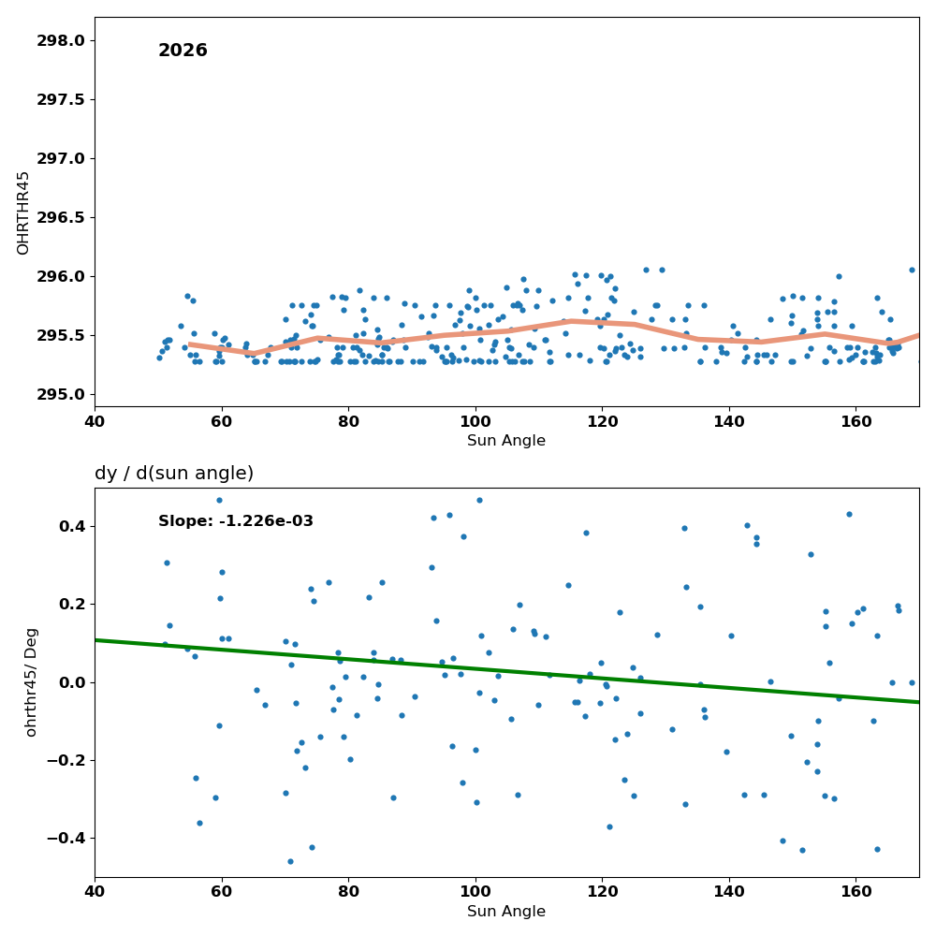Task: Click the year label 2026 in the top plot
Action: tap(183, 51)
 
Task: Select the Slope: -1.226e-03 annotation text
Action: tap(236, 521)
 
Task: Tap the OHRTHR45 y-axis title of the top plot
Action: tap(22, 212)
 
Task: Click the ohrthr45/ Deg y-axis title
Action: tap(31, 682)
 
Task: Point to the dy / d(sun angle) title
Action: tap(174, 474)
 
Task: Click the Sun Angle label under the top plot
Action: tap(506, 441)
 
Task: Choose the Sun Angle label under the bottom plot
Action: tap(506, 912)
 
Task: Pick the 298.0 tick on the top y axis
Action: tap(60, 40)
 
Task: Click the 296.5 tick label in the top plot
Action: tap(60, 217)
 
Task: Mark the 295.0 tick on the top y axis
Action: tap(60, 395)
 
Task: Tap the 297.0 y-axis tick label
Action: tap(60, 159)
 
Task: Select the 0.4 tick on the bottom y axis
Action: tap(73, 526)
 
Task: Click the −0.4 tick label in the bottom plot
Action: tap(66, 839)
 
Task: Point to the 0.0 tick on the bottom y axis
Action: tap(73, 682)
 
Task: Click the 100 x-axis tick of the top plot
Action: tap(475, 422)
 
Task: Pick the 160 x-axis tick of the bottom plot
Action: tap(856, 892)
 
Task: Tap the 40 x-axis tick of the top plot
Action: tap(95, 422)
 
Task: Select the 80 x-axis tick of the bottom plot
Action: tap(348, 892)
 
